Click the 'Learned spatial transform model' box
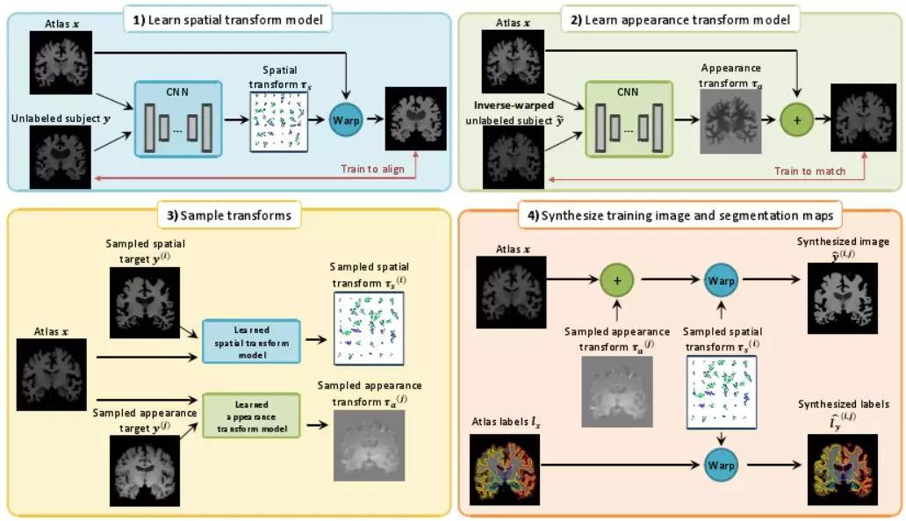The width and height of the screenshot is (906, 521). click(251, 336)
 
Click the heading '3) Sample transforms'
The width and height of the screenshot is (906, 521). click(229, 213)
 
